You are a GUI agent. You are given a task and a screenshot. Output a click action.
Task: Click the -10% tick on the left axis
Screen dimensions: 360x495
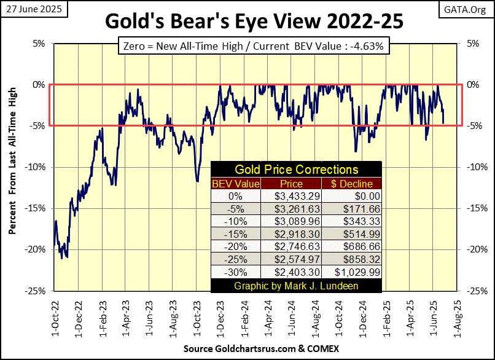[34, 167]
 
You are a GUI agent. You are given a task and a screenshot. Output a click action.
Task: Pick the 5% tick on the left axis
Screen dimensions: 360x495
[38, 44]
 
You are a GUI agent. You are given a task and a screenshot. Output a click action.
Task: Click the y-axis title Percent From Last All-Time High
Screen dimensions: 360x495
[12, 167]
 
